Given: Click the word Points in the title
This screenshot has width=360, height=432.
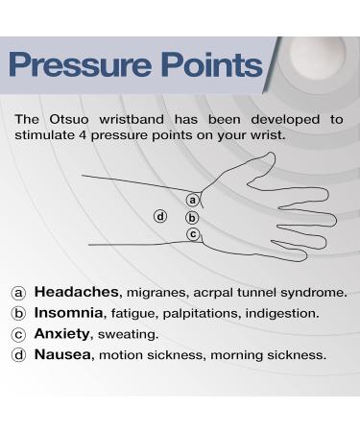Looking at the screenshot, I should pyautogui.click(x=214, y=65).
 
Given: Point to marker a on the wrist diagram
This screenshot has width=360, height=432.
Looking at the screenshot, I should pyautogui.click(x=193, y=200).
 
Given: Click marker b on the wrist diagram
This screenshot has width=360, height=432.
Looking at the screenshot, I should pyautogui.click(x=192, y=217).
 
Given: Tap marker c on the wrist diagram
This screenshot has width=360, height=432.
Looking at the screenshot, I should pyautogui.click(x=193, y=233).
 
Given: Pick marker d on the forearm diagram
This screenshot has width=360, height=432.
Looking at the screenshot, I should pyautogui.click(x=161, y=215).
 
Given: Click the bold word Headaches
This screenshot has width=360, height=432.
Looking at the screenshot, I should pyautogui.click(x=76, y=292).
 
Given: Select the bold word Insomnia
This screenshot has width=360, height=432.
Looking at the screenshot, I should pyautogui.click(x=70, y=313).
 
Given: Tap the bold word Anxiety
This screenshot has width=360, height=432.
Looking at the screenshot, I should pyautogui.click(x=64, y=334).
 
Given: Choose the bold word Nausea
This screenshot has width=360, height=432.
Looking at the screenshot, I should pyautogui.click(x=63, y=354).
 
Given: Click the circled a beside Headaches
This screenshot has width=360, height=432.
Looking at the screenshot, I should pyautogui.click(x=19, y=293).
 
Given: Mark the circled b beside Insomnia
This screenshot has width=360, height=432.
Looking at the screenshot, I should pyautogui.click(x=19, y=314).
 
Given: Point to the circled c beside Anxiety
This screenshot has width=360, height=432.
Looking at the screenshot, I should pyautogui.click(x=19, y=334).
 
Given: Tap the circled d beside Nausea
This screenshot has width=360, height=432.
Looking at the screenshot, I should pyautogui.click(x=19, y=355).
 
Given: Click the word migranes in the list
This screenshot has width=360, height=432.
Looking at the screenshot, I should pyautogui.click(x=157, y=293).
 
